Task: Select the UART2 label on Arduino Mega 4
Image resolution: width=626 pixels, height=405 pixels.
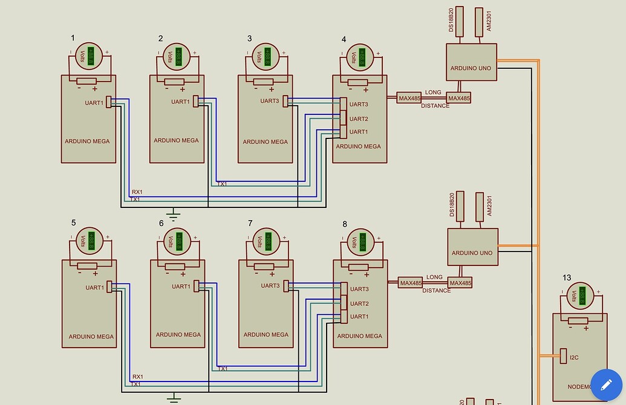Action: (359, 119)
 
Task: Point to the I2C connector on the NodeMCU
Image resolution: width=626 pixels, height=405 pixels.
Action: (563, 357)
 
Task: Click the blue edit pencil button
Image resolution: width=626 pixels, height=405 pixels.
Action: (606, 384)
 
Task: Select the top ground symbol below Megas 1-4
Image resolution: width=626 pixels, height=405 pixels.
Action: (174, 213)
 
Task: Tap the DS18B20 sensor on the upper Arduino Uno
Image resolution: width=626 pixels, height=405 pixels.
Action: (459, 24)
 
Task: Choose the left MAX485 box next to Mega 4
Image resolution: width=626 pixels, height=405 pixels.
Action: (409, 97)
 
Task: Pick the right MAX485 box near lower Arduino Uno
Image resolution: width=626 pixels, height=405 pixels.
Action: (460, 283)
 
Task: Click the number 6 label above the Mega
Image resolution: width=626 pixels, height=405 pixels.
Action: (161, 223)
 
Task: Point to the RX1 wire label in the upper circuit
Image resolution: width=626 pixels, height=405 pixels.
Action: (137, 192)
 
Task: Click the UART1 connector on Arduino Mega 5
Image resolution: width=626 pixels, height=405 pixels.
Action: (109, 287)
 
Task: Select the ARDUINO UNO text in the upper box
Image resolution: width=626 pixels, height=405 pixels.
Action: (471, 68)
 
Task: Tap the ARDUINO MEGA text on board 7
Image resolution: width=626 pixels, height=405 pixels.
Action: (266, 335)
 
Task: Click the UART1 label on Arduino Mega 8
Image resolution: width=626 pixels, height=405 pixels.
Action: (359, 317)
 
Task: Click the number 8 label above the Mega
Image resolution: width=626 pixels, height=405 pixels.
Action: (345, 224)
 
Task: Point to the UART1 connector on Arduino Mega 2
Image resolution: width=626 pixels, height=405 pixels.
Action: (196, 102)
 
